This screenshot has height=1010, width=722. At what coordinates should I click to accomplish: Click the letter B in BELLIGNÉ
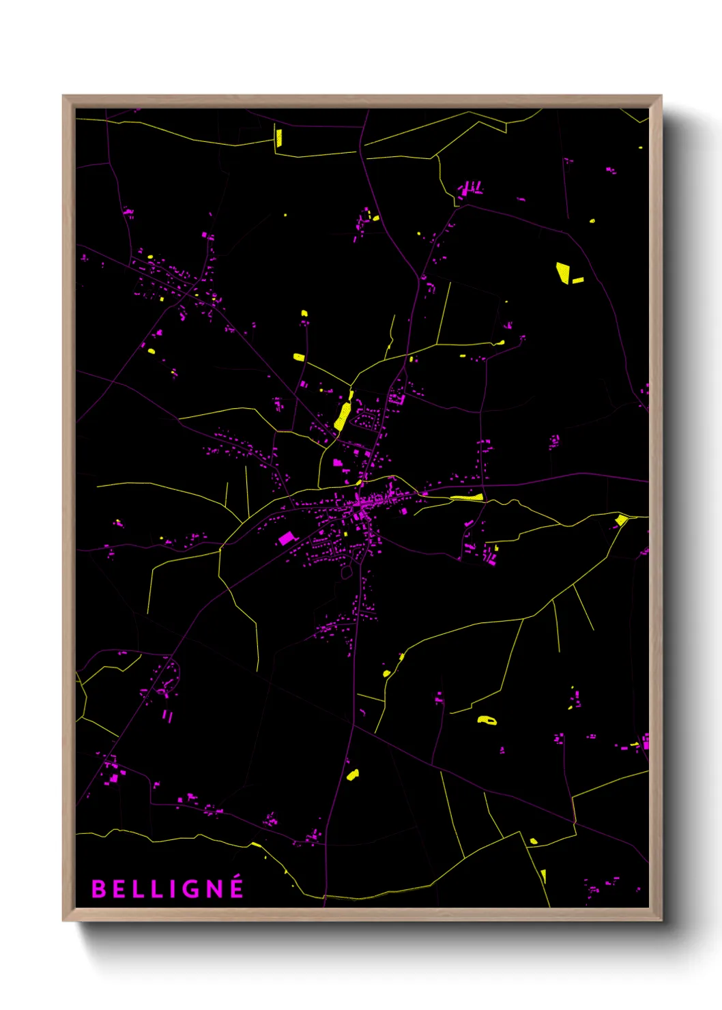[98, 889]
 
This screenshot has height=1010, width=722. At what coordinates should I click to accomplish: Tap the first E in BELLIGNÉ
[119, 889]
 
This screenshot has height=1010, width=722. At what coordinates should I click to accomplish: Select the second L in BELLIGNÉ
[156, 889]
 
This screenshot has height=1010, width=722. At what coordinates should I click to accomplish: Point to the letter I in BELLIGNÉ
[172, 889]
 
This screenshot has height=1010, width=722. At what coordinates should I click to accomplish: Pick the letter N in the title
[214, 889]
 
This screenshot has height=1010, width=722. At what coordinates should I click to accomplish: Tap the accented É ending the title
[236, 887]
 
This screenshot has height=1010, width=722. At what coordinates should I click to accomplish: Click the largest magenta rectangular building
[287, 538]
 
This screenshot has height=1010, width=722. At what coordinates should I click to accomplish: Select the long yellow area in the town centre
[343, 415]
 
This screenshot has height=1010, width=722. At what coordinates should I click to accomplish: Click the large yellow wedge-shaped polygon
[563, 272]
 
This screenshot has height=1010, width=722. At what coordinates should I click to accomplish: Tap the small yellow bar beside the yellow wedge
[578, 280]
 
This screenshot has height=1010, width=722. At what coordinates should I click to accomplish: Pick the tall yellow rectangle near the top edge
[278, 137]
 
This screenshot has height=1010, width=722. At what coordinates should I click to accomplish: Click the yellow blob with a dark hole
[487, 719]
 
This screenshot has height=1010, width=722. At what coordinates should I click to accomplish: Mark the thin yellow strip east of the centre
[467, 497]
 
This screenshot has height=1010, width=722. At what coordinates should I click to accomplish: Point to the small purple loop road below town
[346, 573]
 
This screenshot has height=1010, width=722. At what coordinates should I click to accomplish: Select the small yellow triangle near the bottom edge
[543, 875]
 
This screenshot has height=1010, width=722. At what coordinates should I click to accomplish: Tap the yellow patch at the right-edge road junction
[621, 521]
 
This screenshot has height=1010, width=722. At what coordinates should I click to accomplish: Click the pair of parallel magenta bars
[167, 716]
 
